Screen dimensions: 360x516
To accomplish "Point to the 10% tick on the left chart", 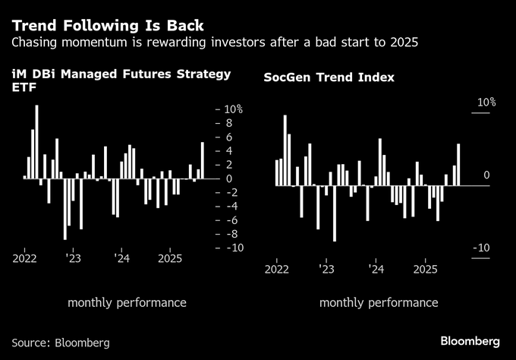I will point(232,109).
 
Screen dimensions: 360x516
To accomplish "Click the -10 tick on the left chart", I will point(231,248).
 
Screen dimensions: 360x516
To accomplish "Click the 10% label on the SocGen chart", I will point(486,103).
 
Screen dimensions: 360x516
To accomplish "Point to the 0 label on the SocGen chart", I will point(487,175).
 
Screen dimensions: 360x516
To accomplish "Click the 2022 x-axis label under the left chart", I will point(25,258).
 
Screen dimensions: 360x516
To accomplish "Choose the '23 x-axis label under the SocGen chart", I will point(326,269).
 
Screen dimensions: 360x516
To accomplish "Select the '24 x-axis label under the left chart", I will point(121,258).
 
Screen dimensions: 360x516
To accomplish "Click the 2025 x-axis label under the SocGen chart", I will point(425,269).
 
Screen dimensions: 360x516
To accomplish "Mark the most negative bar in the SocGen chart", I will point(335,213).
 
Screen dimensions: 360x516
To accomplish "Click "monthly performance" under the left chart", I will point(127,302).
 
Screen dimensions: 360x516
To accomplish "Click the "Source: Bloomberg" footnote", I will point(61,343).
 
